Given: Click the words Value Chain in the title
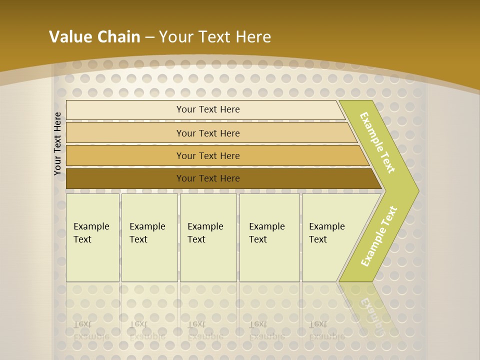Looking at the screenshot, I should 94,36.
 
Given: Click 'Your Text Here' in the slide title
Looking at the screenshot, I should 215,36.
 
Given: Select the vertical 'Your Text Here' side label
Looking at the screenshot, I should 57,143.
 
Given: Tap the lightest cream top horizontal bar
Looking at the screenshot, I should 205,110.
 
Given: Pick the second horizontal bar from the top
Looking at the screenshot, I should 210,133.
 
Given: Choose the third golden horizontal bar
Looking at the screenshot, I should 215,155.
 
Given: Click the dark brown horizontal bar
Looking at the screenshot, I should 220,178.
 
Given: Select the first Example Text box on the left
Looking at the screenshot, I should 92,237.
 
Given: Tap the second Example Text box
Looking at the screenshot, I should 149,237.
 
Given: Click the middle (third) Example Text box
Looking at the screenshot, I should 208,237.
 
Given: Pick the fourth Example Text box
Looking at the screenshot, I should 269,237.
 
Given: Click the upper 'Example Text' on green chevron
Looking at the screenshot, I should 377,142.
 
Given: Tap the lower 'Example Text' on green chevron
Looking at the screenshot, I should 378,236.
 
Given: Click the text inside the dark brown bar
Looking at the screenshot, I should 208,178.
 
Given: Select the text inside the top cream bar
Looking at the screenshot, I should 208,109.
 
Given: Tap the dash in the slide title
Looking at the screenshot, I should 149,37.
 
